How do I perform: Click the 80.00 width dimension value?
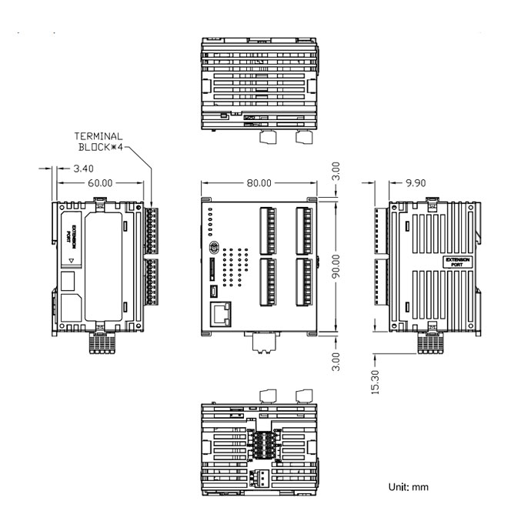(259, 183)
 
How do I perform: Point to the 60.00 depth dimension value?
(100, 183)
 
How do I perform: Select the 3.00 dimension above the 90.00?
(336, 171)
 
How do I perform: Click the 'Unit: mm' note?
(408, 487)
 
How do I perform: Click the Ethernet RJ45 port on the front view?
(221, 313)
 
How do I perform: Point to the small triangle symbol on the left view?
(71, 262)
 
